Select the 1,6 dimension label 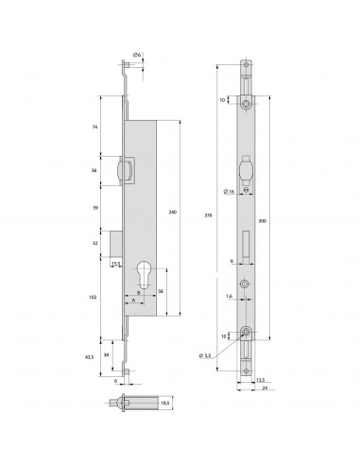[x=230, y=295]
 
